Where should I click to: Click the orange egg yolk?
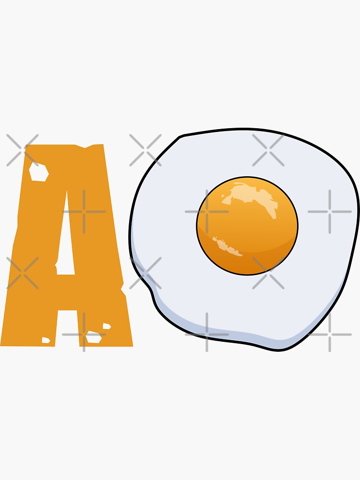coord(247,226)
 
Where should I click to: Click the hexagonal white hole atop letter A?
coord(38,171)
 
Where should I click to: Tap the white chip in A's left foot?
coord(46,340)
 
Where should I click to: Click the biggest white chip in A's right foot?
coord(94,337)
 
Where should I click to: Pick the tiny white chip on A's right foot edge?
coord(107,326)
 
